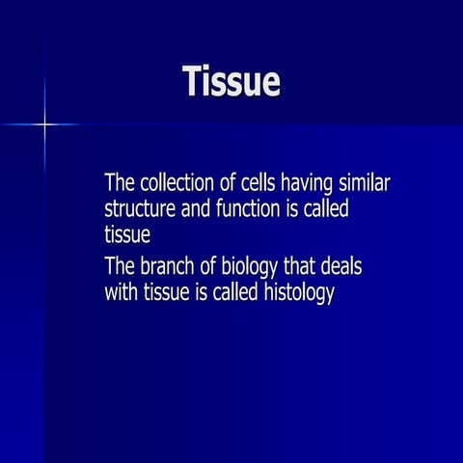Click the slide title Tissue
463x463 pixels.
coord(231,83)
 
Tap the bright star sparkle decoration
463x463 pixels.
coord(44,124)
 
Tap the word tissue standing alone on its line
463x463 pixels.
coord(126,233)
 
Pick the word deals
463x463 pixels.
coord(348,266)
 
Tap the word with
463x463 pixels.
coord(121,292)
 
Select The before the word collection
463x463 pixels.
coord(120,183)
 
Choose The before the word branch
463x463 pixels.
coord(120,266)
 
